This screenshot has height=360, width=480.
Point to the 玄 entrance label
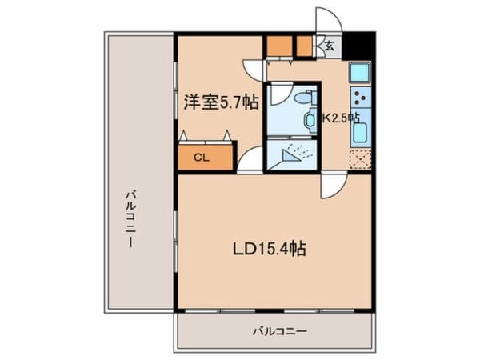329,46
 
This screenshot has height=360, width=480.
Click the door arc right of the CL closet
250,159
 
